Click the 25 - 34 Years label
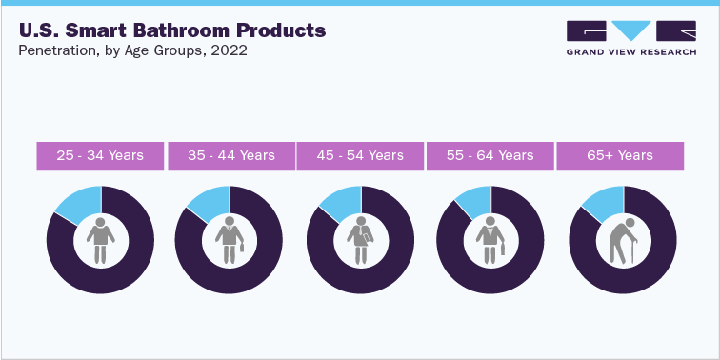(x=100, y=156)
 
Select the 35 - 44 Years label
(x=231, y=156)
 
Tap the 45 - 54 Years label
(x=360, y=156)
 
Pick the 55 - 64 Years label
(x=490, y=156)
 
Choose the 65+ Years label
(x=620, y=156)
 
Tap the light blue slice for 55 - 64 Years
(x=474, y=200)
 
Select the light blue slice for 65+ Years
(x=603, y=203)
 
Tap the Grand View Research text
(x=631, y=54)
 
